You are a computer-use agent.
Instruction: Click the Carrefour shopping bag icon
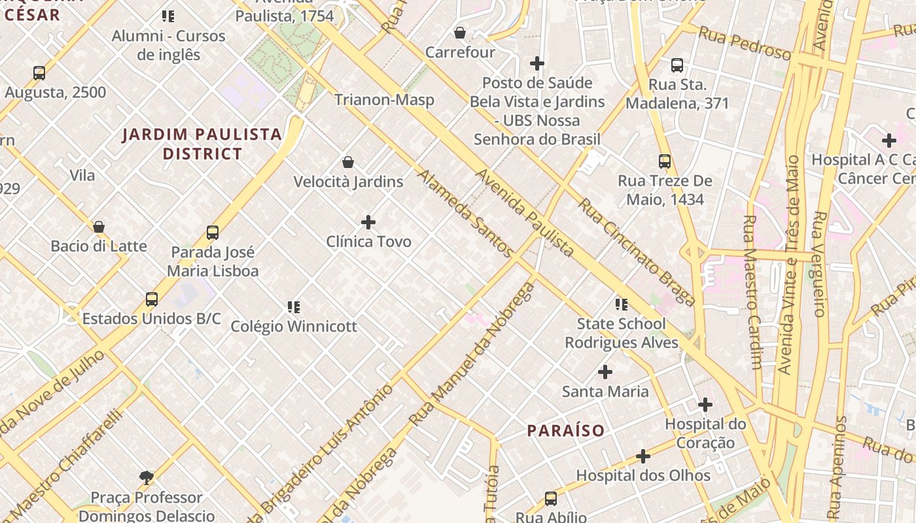(460, 33)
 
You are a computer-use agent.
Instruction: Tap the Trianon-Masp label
(384, 100)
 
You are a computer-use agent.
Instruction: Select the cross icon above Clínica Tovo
(368, 222)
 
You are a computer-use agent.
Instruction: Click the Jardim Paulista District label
(202, 144)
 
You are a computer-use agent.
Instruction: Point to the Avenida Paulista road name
(525, 212)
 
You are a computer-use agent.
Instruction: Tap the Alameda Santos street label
(465, 213)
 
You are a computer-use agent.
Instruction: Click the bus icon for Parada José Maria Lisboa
(213, 233)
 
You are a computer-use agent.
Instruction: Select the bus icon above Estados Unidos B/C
(152, 299)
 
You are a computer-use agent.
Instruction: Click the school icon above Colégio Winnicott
(294, 307)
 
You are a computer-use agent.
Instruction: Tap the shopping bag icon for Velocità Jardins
(348, 162)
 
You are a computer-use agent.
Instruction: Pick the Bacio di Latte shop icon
(99, 227)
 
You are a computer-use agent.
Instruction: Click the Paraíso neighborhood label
(566, 431)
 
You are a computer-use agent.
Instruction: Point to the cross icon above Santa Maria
(605, 373)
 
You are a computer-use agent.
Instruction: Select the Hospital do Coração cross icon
(705, 405)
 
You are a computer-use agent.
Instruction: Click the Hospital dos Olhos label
(643, 475)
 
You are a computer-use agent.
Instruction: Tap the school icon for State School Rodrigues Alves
(622, 304)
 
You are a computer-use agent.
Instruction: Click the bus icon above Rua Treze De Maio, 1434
(665, 161)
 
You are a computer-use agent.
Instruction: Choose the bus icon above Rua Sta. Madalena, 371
(677, 65)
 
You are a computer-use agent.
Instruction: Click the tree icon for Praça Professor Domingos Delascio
(147, 478)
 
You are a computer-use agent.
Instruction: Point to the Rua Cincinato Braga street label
(636, 252)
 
